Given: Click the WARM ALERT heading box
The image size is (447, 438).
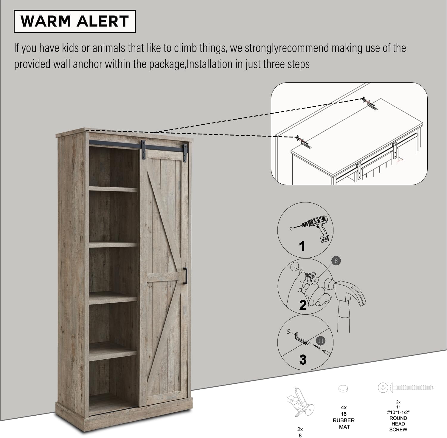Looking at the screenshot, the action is click(x=75, y=21).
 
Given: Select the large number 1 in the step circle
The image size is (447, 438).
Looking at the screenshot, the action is click(x=302, y=246).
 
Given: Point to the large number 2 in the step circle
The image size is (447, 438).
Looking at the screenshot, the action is click(x=303, y=305).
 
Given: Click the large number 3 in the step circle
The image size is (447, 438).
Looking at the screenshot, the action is click(x=303, y=360).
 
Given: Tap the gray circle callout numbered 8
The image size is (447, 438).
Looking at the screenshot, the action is click(x=336, y=261).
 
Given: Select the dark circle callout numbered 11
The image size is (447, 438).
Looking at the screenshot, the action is click(x=321, y=341).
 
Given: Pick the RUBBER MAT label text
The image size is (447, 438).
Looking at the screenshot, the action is click(x=344, y=424).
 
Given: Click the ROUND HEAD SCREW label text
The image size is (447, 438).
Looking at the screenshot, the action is click(x=398, y=424).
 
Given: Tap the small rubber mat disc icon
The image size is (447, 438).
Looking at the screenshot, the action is click(x=343, y=389).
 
